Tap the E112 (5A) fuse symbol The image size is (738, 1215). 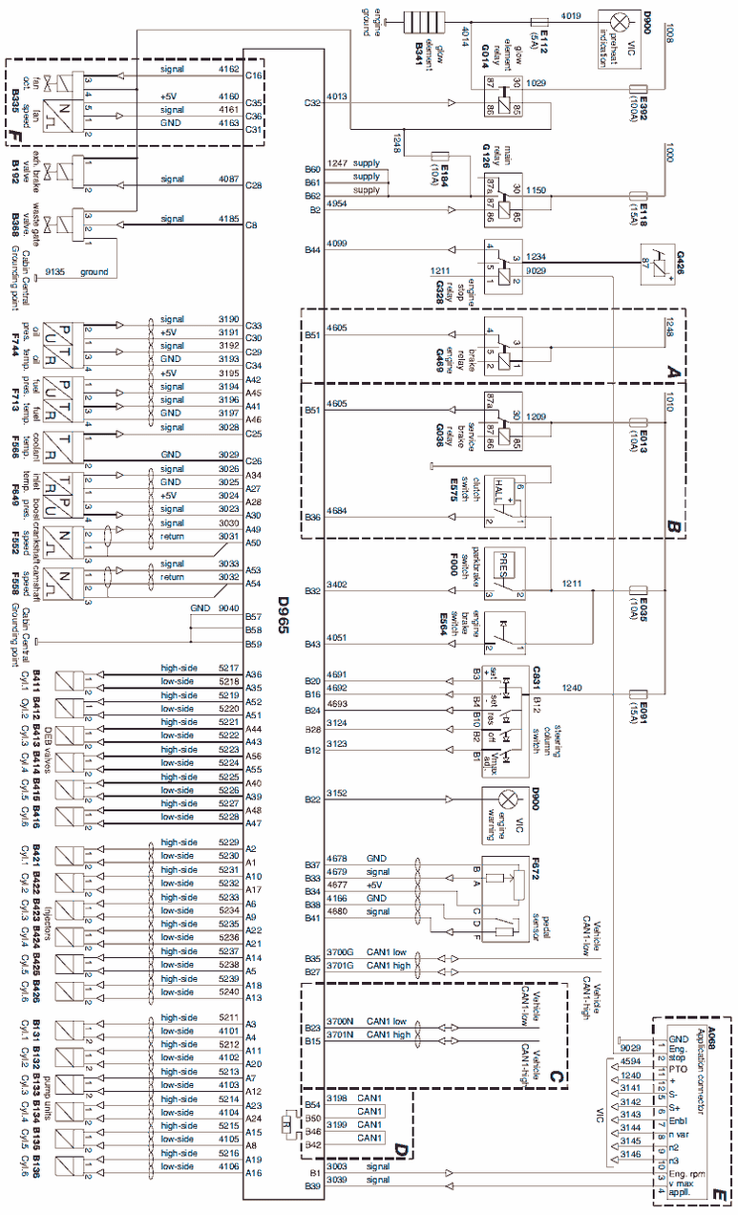point(538,20)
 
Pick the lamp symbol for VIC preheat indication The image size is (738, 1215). point(620,20)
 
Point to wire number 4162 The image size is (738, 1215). point(228,70)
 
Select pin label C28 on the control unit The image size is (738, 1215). point(253,185)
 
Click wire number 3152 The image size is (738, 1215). point(336,794)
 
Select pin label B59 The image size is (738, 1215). point(253,645)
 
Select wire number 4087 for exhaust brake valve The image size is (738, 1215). point(228,179)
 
